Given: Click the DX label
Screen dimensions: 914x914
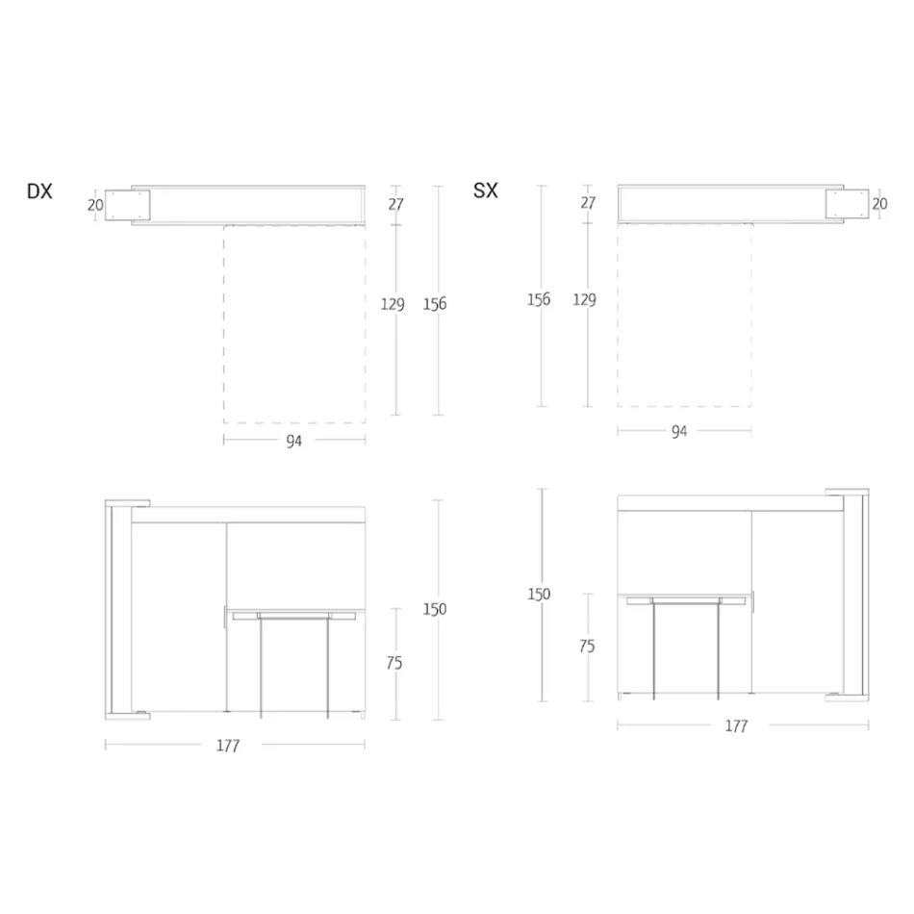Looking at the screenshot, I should pos(39,191).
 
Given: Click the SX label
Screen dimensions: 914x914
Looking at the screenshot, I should pos(486,190).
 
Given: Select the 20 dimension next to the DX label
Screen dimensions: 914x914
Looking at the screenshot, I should pos(94,204).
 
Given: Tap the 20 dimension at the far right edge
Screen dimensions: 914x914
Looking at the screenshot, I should pos(879,203).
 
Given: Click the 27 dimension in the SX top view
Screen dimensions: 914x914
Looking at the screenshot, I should pos(588,203).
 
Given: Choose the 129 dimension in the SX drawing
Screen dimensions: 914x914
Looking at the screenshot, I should pos(584,299).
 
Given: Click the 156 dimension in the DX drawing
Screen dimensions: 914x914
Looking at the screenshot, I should pos(435,304).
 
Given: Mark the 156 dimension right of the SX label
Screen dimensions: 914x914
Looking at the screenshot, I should pos(539,299).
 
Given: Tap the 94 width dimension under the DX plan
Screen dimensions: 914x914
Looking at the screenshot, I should pos(294,441).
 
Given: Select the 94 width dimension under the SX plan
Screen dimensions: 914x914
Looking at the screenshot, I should pos(679,431).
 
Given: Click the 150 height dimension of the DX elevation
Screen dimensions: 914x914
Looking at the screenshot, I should pos(435,609).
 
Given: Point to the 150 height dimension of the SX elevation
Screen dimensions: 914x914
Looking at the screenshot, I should pos(539,594).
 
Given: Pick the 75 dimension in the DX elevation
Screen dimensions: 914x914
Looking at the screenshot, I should pos(394,663).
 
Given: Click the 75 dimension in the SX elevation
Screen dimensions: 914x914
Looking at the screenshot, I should pos(587,647).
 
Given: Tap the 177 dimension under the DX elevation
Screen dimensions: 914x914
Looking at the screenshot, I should pos(228,745).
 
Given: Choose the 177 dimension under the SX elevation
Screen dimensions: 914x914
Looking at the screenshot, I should pos(736,726).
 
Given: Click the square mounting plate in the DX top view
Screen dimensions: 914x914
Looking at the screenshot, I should pos(129,205).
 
